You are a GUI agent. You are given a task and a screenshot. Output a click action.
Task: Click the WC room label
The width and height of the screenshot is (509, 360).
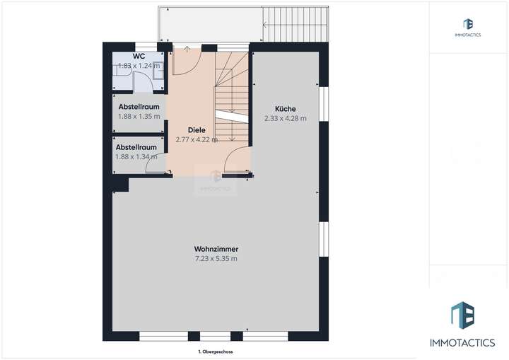point(139,56)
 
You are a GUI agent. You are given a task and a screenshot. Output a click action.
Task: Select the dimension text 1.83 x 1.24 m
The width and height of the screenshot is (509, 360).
point(139,66)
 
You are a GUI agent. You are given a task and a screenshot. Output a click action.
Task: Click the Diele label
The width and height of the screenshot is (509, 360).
point(196,129)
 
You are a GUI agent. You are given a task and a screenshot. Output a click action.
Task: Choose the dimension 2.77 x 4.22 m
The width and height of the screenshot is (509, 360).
point(197,139)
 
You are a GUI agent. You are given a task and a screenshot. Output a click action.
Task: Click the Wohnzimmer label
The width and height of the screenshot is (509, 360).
point(216,249)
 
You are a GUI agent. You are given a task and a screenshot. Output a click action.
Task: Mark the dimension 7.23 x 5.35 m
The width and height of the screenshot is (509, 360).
point(216,259)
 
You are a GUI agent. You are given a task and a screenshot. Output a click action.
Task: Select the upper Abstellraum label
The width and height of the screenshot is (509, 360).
point(139,106)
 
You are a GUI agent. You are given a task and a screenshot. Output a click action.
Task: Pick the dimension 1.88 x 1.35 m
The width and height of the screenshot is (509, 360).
point(139,116)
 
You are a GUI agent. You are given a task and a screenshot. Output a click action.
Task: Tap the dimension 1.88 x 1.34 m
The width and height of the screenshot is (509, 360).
point(136,157)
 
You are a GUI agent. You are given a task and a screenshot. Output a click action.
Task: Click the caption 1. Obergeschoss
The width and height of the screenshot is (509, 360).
point(216,352)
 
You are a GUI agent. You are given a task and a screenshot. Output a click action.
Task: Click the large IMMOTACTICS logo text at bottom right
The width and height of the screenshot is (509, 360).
point(463,343)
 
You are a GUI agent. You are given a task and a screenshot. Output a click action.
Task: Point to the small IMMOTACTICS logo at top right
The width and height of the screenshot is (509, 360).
point(469,28)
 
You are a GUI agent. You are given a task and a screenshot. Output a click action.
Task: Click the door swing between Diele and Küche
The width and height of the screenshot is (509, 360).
point(237,161)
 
